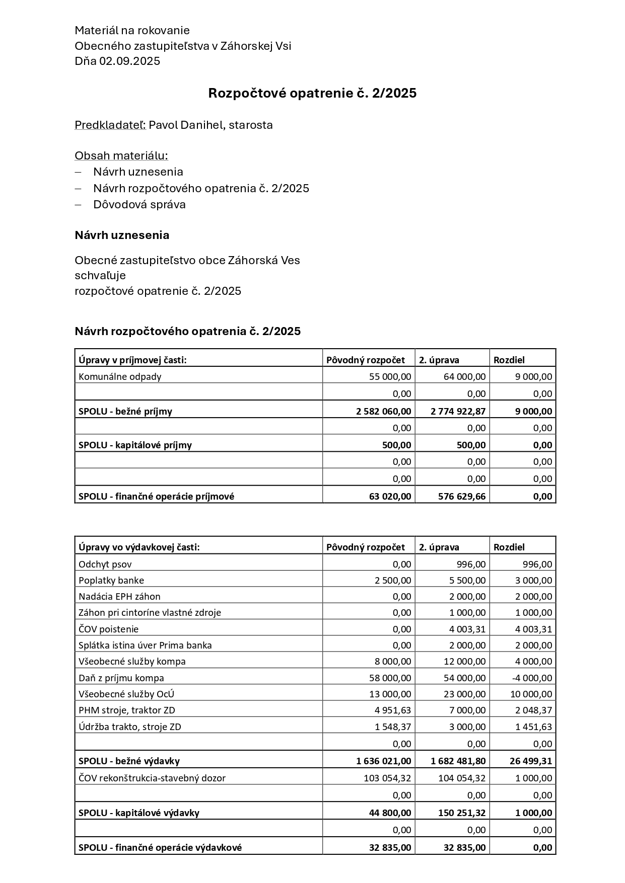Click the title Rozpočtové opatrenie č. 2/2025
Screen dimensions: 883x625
pos(312,93)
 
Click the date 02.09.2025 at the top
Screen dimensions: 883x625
pos(129,61)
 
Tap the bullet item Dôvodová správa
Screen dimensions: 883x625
pos(140,205)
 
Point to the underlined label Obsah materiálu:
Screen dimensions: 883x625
pos(121,155)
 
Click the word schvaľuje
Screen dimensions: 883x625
pos(100,276)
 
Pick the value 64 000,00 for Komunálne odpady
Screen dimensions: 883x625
pos(464,376)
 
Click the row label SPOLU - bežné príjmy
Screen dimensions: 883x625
pos(125,411)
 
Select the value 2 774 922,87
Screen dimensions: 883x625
pos(458,411)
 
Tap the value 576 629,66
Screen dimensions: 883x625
pos(462,496)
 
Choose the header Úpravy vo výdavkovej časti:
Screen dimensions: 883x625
pos(139,547)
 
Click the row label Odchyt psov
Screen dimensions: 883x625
pos(105,565)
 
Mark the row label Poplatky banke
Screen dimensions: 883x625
pos(111,581)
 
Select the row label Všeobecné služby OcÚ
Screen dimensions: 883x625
pos(126,694)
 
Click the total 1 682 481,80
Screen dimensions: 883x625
pos(458,761)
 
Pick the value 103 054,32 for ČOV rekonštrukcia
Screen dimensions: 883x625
pos(387,778)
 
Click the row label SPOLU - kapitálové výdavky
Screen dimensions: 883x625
pos(139,813)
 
